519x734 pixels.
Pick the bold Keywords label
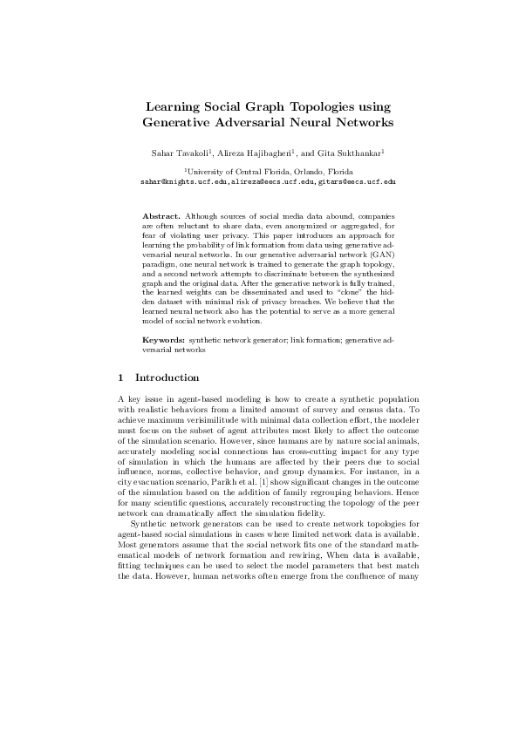tap(163, 337)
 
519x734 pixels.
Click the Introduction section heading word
tap(167, 378)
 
